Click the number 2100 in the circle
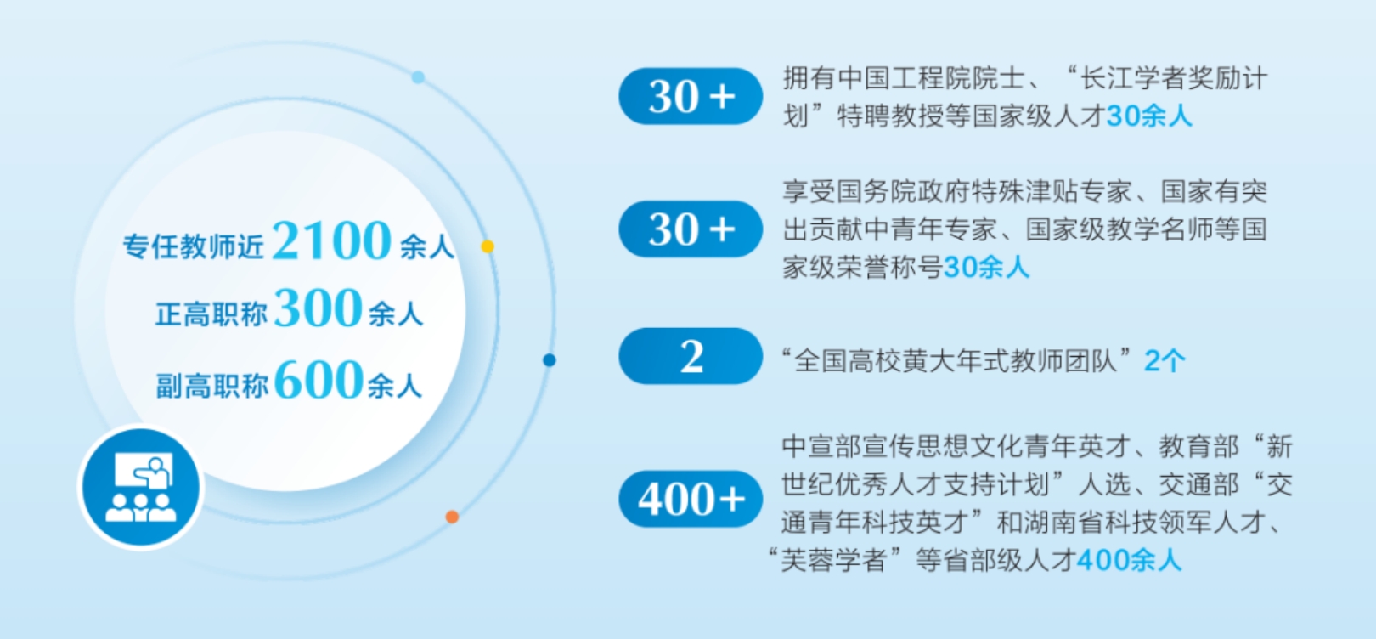(x=332, y=240)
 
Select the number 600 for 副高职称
(x=319, y=379)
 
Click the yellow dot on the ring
(x=488, y=246)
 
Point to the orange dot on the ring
(x=452, y=517)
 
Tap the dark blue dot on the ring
(x=550, y=360)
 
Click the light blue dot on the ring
(x=418, y=77)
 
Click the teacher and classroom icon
(x=141, y=487)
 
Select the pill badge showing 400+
(x=691, y=498)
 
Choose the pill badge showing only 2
(x=691, y=356)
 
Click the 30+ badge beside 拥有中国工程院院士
(x=691, y=97)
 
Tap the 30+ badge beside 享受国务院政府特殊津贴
(x=691, y=229)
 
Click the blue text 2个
(x=1165, y=360)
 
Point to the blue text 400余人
(x=1129, y=560)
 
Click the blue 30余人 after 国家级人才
(x=1149, y=116)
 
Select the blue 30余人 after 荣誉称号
(x=986, y=268)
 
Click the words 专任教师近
(x=194, y=246)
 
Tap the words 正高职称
(x=211, y=314)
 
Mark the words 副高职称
(x=212, y=386)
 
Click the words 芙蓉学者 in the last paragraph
(x=832, y=560)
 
